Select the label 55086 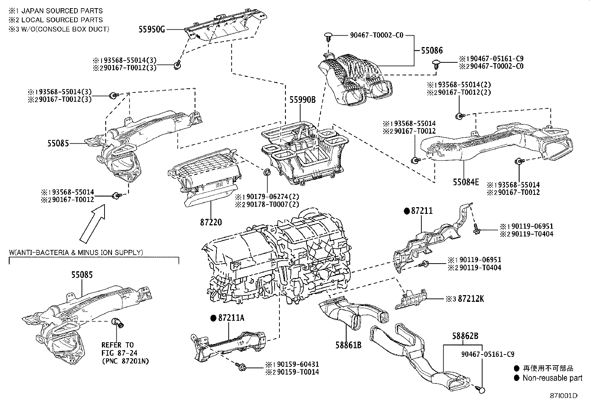click(x=432, y=50)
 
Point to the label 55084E click(x=465, y=182)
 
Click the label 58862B click(x=465, y=336)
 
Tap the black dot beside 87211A click(x=213, y=318)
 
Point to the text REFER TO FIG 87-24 click(x=118, y=349)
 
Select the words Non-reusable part click(x=552, y=378)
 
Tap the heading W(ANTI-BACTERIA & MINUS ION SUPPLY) click(x=76, y=252)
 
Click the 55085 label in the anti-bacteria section click(x=82, y=275)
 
